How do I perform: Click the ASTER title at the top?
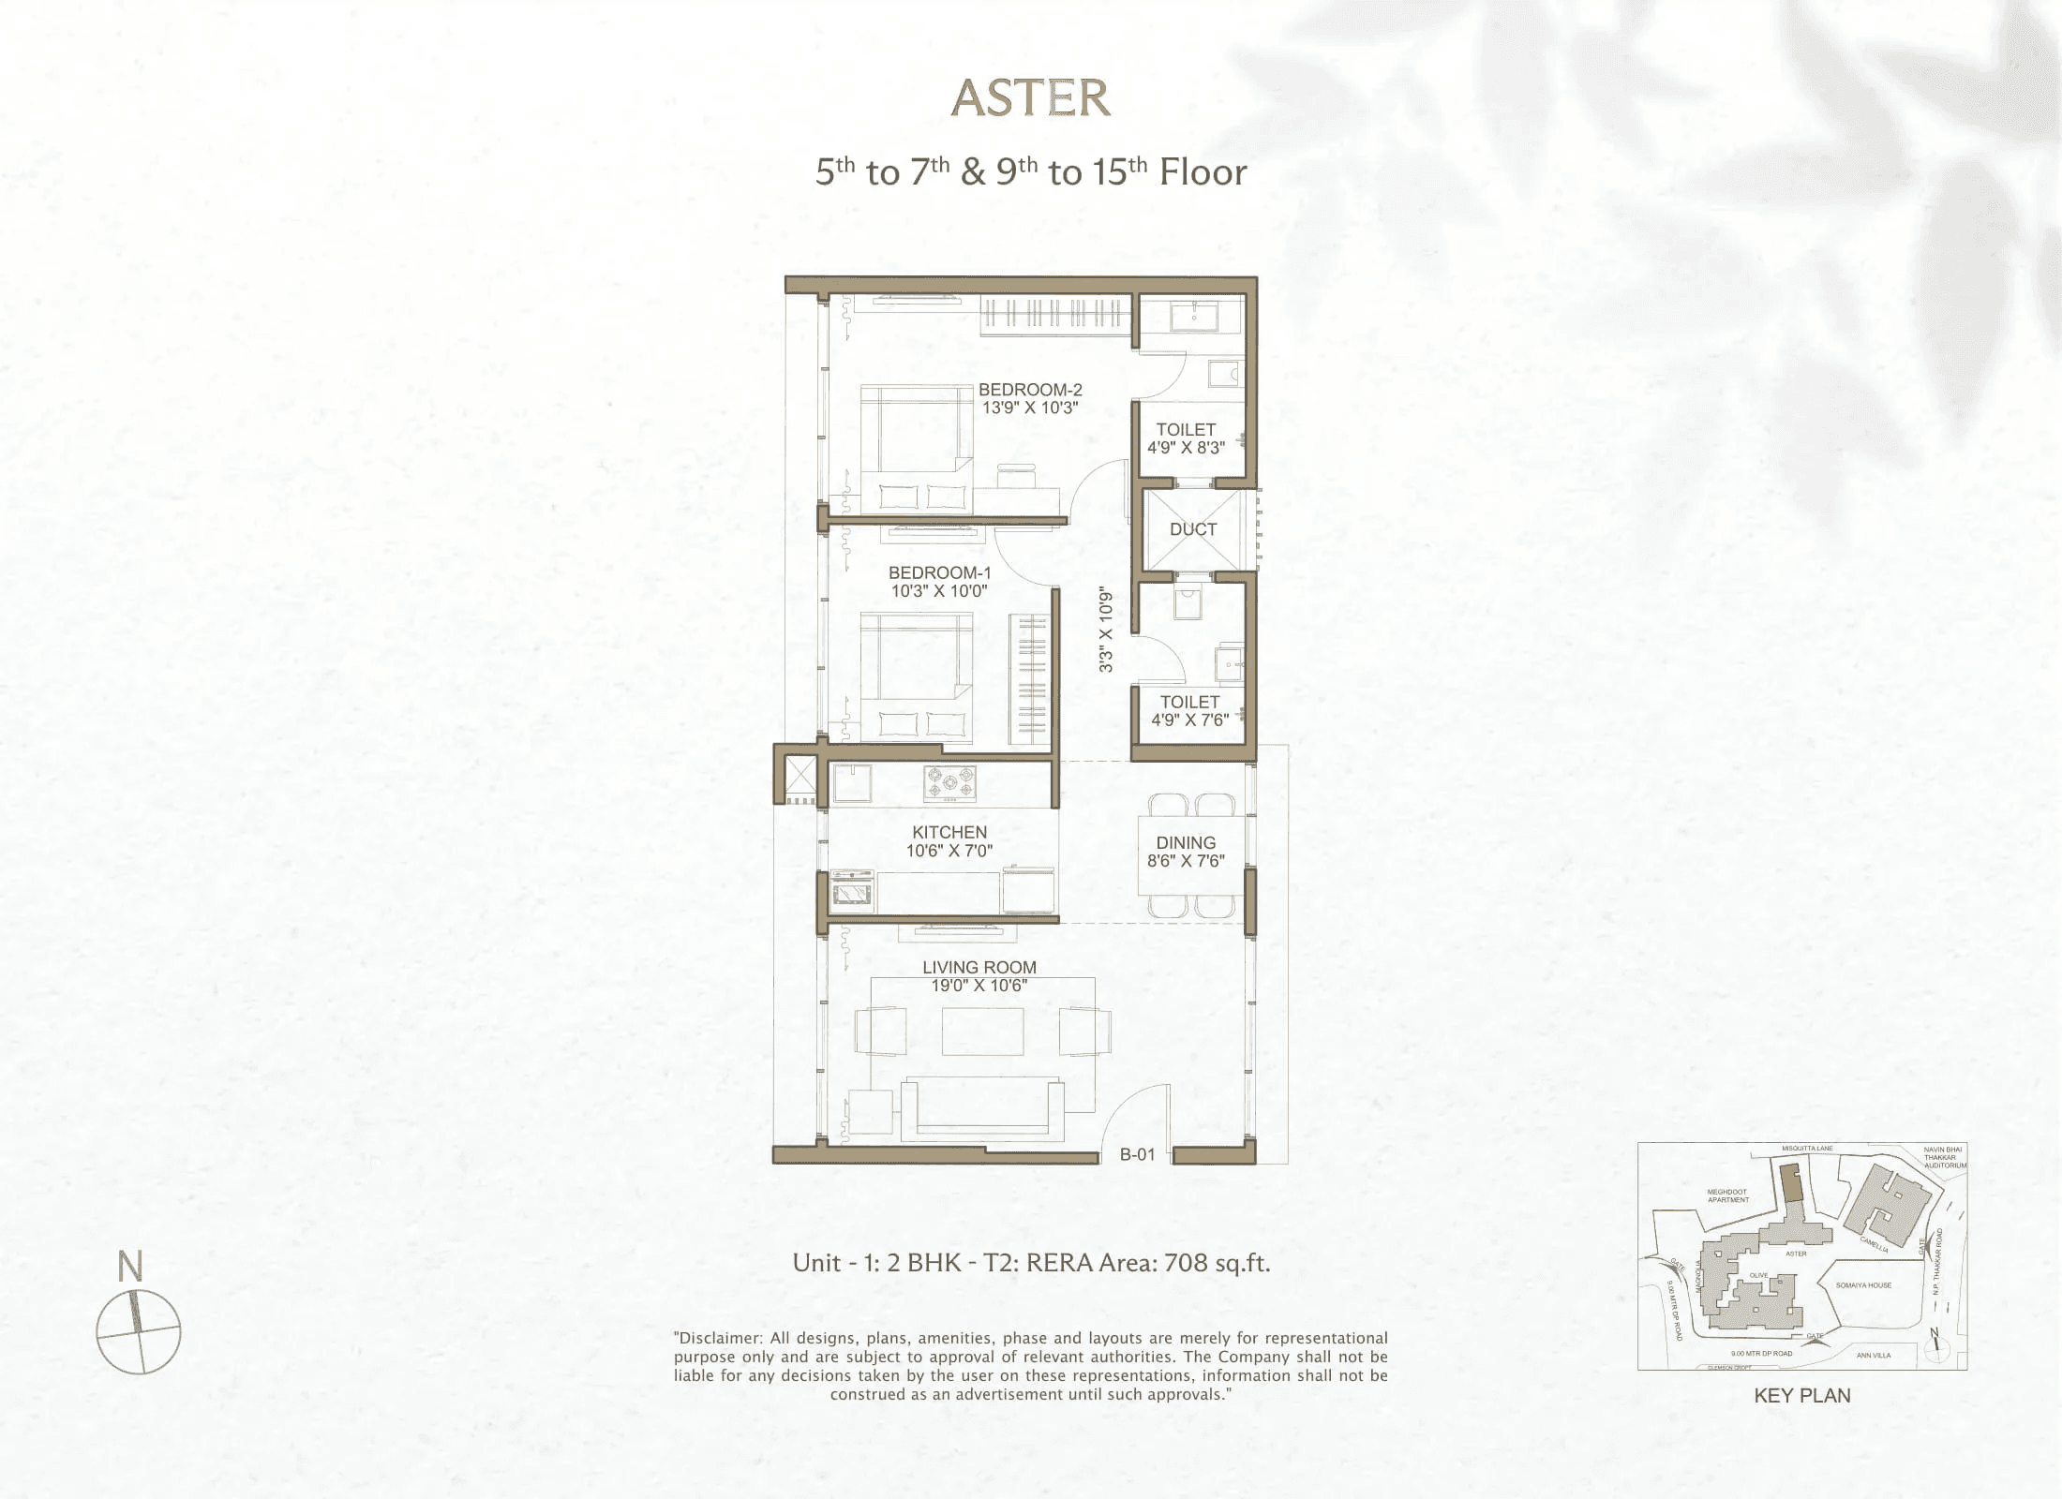1031,98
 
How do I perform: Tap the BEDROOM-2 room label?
1030,390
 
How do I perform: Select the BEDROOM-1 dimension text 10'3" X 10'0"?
939,591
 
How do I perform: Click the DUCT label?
1193,529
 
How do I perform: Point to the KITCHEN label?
949,832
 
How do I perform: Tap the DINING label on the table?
1186,843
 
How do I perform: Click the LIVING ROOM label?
979,967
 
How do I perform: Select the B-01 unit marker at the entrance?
1137,1155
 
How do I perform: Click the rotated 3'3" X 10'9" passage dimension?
1107,630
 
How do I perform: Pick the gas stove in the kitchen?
949,783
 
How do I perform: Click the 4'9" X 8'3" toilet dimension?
1186,448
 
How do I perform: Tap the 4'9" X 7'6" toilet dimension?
1189,720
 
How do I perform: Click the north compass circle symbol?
139,1330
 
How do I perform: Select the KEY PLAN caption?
1801,1396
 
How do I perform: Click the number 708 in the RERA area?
1186,1263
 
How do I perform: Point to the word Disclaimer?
720,1338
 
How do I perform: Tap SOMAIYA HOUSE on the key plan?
1863,1285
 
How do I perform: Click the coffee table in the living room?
982,1031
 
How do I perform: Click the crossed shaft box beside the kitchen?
801,775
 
